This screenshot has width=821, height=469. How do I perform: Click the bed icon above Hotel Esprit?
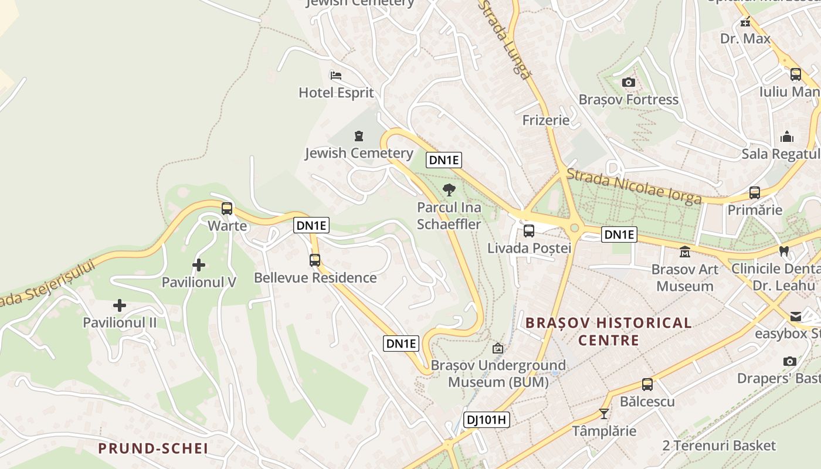click(x=336, y=75)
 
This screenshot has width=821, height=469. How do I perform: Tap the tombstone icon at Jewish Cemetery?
click(x=359, y=137)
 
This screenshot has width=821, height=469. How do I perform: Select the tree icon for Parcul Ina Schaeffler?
click(x=449, y=189)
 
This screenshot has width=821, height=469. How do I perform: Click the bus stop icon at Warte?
click(x=227, y=208)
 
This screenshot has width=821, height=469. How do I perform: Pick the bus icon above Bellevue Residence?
click(x=315, y=260)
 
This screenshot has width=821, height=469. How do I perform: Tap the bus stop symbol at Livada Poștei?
click(x=529, y=230)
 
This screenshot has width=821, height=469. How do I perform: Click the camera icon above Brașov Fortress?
click(x=629, y=82)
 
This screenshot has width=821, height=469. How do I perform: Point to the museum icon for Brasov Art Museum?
click(x=684, y=252)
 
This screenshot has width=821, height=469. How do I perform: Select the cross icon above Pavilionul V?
click(x=199, y=265)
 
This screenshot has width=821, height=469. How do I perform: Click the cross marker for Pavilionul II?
click(x=120, y=305)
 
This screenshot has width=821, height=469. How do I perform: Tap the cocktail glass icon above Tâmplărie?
click(x=604, y=413)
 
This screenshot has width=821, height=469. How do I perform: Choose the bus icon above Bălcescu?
click(x=647, y=385)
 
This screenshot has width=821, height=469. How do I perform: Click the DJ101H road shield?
click(x=486, y=420)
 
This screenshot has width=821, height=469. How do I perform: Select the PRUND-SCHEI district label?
click(x=153, y=448)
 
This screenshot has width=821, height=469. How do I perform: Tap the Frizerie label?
click(x=546, y=120)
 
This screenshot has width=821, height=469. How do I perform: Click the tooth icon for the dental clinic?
click(x=783, y=251)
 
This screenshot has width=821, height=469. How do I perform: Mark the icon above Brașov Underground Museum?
click(x=498, y=348)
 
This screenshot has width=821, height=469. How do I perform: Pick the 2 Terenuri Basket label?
click(x=719, y=446)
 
